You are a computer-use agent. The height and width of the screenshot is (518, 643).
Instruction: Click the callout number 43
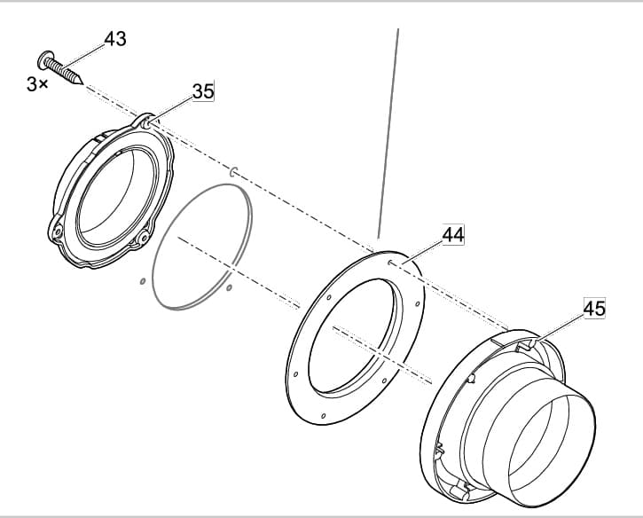pyautogui.click(x=115, y=39)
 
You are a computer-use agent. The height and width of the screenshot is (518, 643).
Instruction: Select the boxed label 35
pyautogui.click(x=203, y=91)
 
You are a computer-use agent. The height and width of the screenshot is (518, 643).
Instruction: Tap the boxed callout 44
pyautogui.click(x=453, y=235)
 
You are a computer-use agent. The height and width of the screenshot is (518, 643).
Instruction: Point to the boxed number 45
pyautogui.click(x=594, y=309)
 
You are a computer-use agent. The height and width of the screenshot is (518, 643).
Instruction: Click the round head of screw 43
pyautogui.click(x=44, y=60)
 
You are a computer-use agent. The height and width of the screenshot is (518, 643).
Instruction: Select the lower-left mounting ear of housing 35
pyautogui.click(x=55, y=232)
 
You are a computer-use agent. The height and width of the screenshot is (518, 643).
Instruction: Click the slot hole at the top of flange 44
pyautogui.click(x=392, y=262)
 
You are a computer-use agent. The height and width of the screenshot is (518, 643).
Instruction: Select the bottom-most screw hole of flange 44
pyautogui.click(x=325, y=416)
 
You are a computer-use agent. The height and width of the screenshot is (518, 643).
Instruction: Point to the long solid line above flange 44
pyautogui.click(x=388, y=133)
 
